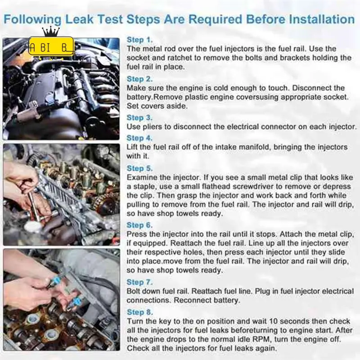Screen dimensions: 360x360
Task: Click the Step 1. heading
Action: click(139, 40)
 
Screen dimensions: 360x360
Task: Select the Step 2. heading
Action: click(140, 79)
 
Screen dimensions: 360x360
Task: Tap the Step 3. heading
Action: click(140, 118)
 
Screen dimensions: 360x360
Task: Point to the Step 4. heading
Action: click(140, 138)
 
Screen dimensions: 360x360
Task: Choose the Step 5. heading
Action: click(140, 168)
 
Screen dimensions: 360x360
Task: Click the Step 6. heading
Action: click(140, 225)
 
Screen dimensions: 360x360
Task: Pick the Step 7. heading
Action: click(140, 282)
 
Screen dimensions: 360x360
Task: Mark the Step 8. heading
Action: click(140, 312)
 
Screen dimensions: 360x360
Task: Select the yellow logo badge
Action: click(51, 46)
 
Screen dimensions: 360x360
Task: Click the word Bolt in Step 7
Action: click(135, 291)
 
